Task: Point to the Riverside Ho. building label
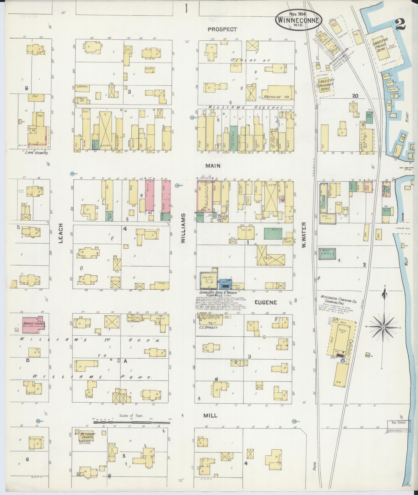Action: pos(276,97)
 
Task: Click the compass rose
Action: pos(383,327)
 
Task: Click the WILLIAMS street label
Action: pos(183,228)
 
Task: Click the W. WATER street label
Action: pos(304,235)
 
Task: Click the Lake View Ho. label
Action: pos(34,153)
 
